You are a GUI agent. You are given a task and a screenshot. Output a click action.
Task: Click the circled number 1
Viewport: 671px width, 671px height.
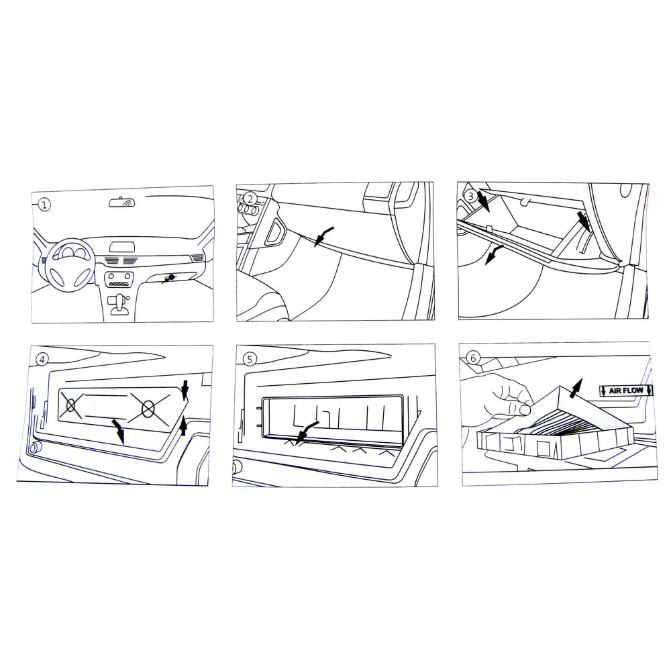coord(44,205)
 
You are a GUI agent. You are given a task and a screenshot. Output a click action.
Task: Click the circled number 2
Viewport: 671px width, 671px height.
coord(250,199)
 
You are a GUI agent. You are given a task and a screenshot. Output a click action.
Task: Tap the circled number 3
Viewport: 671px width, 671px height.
coord(471,197)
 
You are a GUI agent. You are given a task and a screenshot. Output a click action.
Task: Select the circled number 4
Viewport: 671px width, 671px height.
coord(42,360)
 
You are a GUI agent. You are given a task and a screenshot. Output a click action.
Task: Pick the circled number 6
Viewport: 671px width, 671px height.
coord(473,358)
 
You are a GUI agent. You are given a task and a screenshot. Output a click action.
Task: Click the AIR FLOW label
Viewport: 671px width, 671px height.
coord(626,391)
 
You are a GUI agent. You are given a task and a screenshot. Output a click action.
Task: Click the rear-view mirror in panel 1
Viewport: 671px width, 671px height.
coord(122,202)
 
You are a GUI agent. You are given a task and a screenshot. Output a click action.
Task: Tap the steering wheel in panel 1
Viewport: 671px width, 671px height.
coord(70,265)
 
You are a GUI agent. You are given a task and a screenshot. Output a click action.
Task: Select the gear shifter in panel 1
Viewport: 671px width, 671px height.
coord(118,304)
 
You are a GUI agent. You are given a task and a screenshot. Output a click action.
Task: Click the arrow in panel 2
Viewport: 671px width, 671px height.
coord(323,236)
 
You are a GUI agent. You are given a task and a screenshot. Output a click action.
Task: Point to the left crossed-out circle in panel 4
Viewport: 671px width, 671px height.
coord(71,405)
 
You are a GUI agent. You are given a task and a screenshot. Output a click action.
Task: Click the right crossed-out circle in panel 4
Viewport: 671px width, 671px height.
coord(148,409)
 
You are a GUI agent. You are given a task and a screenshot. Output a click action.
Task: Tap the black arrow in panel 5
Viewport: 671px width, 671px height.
coord(307,431)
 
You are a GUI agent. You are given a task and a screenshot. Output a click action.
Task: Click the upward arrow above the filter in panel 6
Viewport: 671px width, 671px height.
coord(576,388)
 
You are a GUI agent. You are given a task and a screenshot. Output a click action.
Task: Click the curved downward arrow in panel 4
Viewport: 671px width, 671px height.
coord(119,431)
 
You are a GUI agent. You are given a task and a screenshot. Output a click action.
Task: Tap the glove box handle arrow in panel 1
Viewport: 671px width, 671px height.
coord(168,279)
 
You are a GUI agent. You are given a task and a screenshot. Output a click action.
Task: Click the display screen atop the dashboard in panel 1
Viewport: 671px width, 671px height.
coord(122,247)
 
